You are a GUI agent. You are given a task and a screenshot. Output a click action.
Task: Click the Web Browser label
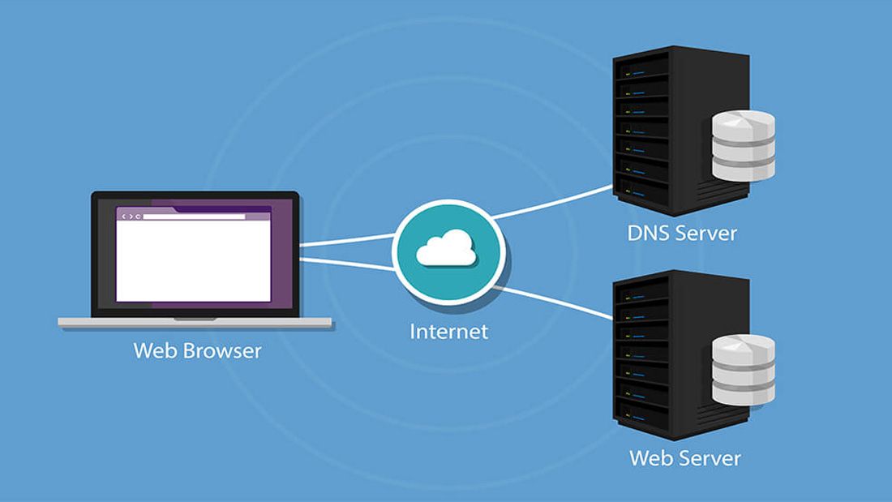point(197,350)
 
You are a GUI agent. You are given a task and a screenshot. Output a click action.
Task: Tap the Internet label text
point(449,332)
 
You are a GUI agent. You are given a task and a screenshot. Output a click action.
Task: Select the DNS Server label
point(682,234)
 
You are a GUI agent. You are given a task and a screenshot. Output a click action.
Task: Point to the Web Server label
point(685,458)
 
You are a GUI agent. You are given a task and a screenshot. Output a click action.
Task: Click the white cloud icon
point(447,248)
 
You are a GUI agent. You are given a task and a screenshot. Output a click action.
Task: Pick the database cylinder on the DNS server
point(744,146)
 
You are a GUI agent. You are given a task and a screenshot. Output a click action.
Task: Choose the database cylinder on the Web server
point(744,370)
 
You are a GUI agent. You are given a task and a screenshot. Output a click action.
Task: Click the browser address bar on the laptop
point(194,217)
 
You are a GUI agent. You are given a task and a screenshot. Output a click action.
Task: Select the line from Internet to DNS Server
point(551,201)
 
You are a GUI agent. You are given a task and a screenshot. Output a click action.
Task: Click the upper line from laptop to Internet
point(347,239)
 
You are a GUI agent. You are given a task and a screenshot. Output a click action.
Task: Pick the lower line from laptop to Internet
point(347,264)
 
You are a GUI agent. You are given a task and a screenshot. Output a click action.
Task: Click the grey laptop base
point(195,323)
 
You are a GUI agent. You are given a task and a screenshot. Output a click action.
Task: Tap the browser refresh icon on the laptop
point(138,217)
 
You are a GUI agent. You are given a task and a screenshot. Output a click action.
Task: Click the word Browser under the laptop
point(222,350)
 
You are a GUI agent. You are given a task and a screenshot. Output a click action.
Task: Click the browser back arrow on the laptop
point(123,217)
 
